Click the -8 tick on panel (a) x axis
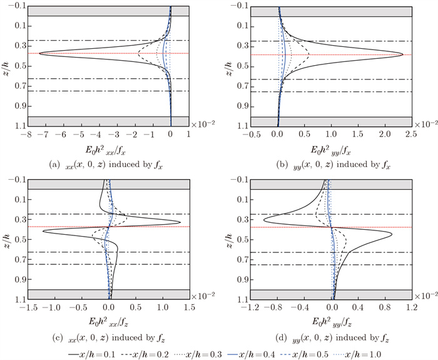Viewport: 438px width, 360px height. (26, 133)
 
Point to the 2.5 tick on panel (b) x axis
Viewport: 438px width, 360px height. (410, 133)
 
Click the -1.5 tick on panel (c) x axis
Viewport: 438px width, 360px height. (26, 307)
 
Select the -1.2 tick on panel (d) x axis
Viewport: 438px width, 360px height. (253, 307)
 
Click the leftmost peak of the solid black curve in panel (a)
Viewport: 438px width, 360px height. (39, 54)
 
